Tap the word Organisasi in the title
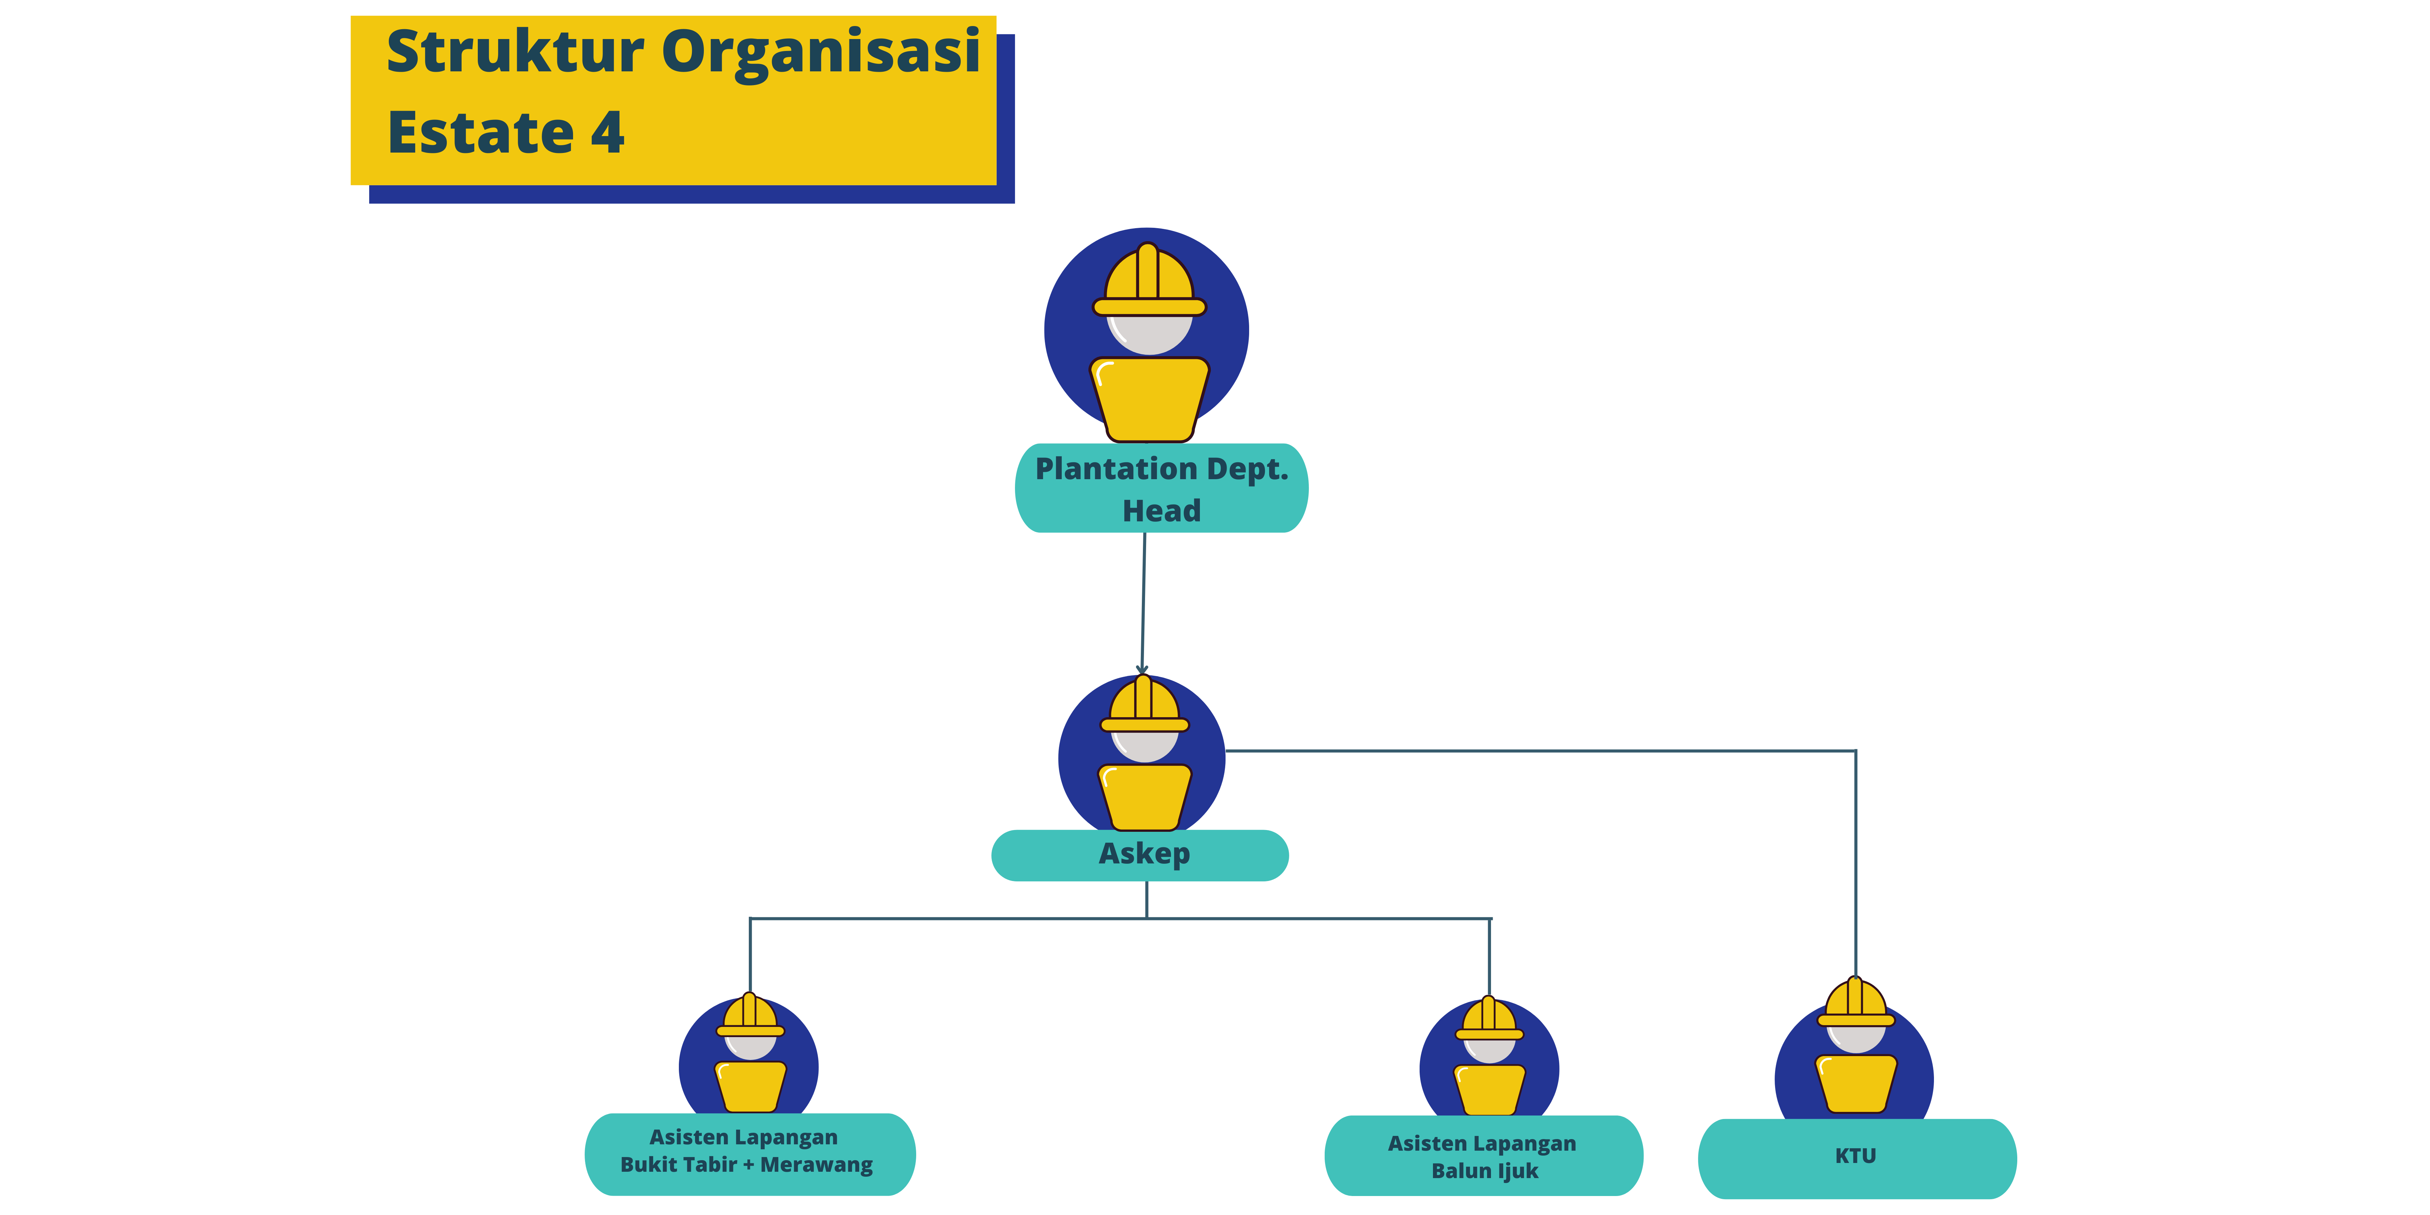pyautogui.click(x=821, y=53)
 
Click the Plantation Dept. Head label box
pyautogui.click(x=1161, y=489)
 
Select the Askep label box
pyautogui.click(x=1139, y=855)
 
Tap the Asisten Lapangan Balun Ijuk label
pyautogui.click(x=1483, y=1157)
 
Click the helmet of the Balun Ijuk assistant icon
pyautogui.click(x=1489, y=1019)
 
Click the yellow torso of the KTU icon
pyautogui.click(x=1856, y=1083)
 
